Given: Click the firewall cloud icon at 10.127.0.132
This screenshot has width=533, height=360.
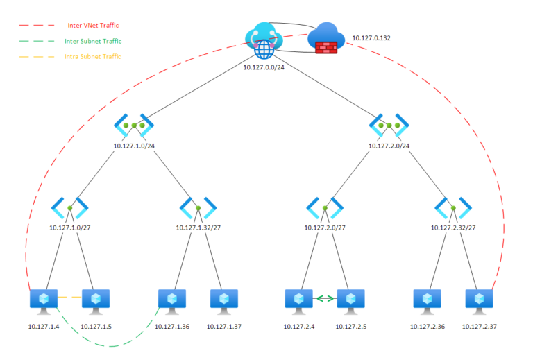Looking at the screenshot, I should [x=326, y=39].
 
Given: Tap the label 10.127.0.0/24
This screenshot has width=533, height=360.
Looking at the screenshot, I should [x=263, y=67].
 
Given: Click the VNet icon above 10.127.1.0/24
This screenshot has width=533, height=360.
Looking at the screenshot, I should [x=134, y=126].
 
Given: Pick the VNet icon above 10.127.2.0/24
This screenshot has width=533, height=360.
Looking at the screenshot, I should [x=389, y=126].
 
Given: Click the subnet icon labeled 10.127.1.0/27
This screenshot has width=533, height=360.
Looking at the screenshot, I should [x=71, y=207].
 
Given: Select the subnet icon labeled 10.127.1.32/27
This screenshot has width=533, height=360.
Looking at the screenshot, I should [x=198, y=207].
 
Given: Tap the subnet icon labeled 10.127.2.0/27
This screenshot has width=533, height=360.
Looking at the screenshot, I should [x=325, y=207].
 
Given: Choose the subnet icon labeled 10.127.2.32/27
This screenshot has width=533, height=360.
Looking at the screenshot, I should [x=453, y=207].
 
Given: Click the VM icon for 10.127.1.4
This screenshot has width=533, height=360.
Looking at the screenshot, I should [x=44, y=300].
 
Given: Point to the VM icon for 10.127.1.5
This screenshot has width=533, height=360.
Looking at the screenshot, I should [x=96, y=300].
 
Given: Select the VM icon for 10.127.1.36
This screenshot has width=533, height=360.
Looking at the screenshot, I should [x=172, y=300].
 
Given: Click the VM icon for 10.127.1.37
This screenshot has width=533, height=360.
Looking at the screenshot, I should [x=223, y=300].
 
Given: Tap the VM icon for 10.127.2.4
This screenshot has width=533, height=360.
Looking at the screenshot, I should [x=299, y=300].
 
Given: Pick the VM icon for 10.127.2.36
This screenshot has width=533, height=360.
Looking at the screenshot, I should [x=427, y=300].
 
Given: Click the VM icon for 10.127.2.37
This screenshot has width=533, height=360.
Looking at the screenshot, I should [x=479, y=300].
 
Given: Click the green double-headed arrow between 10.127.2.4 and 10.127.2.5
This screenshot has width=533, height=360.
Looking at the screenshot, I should [x=325, y=300].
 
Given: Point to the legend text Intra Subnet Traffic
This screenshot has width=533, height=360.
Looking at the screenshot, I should [x=93, y=56].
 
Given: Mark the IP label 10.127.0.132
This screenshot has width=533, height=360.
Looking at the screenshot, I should [x=371, y=37].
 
